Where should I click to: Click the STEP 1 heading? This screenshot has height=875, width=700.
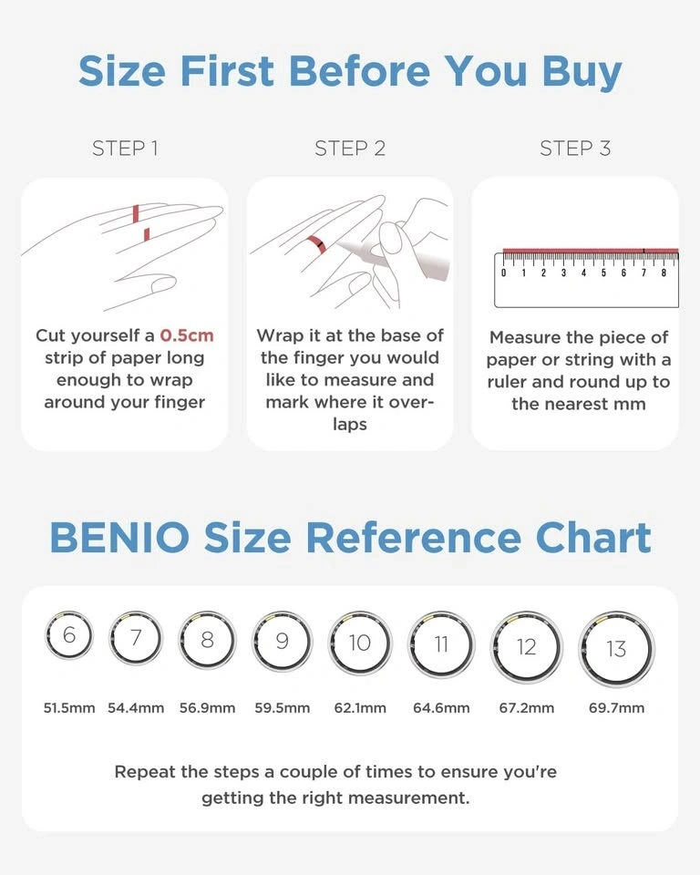[125, 149]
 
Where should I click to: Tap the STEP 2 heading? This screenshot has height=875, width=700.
[350, 149]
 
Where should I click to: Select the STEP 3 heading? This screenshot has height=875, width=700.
[575, 149]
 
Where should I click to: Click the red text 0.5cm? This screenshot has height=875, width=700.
[187, 335]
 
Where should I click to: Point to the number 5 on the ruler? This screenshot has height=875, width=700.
[603, 273]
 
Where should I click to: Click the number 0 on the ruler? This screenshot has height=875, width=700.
[503, 273]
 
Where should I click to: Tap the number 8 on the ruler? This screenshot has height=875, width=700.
[664, 273]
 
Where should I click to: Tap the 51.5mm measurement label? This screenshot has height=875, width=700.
[69, 708]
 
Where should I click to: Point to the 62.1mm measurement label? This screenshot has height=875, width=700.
[360, 708]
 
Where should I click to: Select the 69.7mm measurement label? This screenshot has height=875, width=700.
[616, 708]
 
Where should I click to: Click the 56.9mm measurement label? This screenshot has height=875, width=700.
[207, 708]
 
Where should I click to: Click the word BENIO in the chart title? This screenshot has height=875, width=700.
[119, 538]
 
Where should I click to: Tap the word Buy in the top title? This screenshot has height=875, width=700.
[582, 73]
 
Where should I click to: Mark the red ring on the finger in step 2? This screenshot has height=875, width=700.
[316, 244]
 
